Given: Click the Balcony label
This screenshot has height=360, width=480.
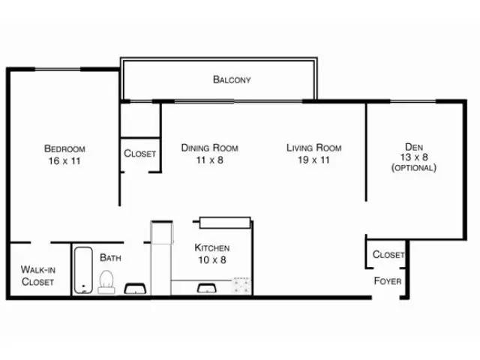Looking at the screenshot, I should tap(231, 79).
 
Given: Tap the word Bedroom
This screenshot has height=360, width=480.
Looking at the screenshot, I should tap(64, 148).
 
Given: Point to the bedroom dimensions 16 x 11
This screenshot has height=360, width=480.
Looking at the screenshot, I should tap(64, 161).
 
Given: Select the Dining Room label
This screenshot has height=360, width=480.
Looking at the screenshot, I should tap(209, 148).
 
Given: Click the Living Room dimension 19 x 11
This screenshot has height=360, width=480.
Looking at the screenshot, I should tap(313, 160).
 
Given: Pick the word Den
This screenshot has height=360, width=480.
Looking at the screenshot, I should tap(413, 146).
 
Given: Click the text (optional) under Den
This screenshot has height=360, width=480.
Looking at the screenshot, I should tap(413, 168).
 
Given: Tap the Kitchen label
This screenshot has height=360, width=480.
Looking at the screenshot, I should tap(212, 247).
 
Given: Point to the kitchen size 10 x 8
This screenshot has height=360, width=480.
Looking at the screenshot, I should tap(212, 260).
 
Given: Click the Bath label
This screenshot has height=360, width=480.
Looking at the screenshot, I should tap(110, 258).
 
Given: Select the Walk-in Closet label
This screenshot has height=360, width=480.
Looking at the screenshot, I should tap(37, 275).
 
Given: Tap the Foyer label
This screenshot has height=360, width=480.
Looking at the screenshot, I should tap(387, 281).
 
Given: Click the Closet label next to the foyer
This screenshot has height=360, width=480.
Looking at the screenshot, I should tap(388, 255).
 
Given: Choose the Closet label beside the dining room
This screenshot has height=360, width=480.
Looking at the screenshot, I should tap(140, 154).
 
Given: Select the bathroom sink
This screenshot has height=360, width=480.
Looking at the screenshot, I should tap(135, 289).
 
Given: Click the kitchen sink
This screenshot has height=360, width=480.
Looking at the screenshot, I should tap(204, 287).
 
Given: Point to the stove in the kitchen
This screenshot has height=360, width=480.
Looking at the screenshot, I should tap(241, 286).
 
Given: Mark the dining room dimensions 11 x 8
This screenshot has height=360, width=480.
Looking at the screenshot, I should tap(209, 160).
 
